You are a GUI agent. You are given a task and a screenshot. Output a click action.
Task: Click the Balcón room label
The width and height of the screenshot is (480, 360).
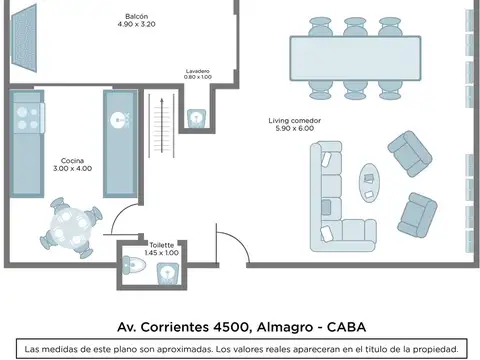138,16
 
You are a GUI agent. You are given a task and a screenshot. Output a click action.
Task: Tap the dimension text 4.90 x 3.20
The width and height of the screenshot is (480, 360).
138,25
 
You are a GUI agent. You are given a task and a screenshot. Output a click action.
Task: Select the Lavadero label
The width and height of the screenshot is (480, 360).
197,71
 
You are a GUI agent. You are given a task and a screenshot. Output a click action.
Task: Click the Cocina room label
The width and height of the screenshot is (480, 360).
71,160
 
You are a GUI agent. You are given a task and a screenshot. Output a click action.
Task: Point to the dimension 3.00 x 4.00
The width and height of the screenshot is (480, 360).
71,169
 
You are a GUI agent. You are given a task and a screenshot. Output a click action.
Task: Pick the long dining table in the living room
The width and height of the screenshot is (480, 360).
354,54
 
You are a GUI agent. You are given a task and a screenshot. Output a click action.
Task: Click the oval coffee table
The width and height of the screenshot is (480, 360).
368,181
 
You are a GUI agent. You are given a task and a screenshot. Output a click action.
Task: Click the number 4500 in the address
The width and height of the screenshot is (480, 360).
237,326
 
